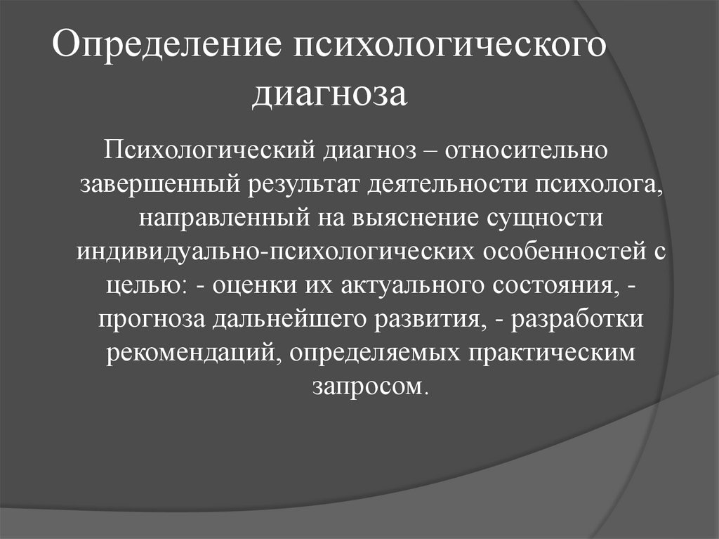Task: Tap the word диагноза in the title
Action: click(330, 96)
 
